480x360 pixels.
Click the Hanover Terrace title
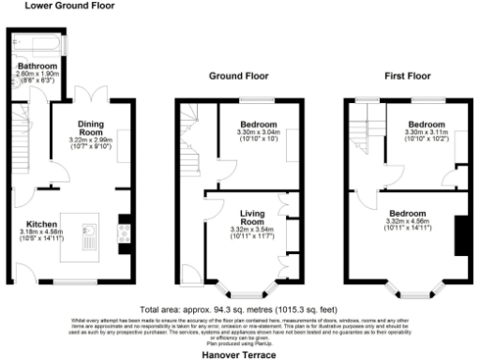pos(239,355)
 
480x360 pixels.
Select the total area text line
pos(240,309)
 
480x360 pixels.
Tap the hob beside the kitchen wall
pos(123,230)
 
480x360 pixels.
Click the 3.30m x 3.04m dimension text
pos(256,135)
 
